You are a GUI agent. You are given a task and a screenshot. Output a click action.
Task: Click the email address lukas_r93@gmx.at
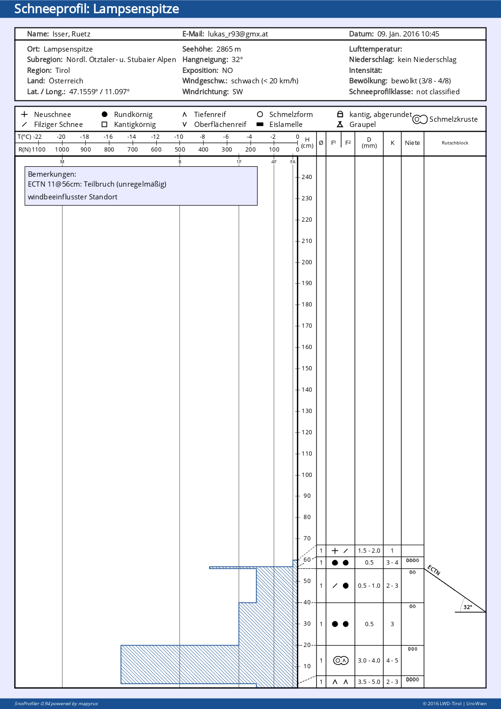point(238,34)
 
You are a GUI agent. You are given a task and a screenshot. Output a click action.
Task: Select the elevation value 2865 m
point(229,49)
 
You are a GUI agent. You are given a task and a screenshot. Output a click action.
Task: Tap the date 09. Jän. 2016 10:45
point(408,34)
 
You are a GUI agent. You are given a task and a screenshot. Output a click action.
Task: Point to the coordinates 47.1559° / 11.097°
point(99,92)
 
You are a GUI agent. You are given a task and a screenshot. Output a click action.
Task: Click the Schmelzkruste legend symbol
point(420,119)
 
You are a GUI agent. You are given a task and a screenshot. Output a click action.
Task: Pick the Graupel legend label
point(362,125)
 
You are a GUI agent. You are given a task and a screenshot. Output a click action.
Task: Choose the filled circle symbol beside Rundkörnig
point(105,114)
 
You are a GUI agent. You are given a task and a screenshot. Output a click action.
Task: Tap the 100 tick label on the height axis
point(307,475)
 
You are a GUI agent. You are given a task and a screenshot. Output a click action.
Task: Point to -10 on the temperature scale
point(179,137)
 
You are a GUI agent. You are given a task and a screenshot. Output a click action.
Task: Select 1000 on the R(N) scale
point(62,149)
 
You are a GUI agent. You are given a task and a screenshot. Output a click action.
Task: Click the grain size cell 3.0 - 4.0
point(369,661)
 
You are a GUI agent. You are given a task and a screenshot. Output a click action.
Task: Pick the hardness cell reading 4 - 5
point(392,661)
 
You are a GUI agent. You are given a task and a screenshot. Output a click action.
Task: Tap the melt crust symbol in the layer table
point(341,661)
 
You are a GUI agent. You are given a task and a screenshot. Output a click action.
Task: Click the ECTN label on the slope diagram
point(434,570)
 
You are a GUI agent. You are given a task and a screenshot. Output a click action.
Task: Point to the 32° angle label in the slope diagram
point(468,607)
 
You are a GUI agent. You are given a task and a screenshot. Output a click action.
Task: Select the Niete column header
point(412,143)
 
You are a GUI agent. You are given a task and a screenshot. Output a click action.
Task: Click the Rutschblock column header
point(455,143)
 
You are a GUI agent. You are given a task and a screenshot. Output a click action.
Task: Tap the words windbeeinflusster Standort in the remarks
point(72,197)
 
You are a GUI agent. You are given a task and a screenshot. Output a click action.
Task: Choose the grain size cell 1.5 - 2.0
point(369,551)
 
